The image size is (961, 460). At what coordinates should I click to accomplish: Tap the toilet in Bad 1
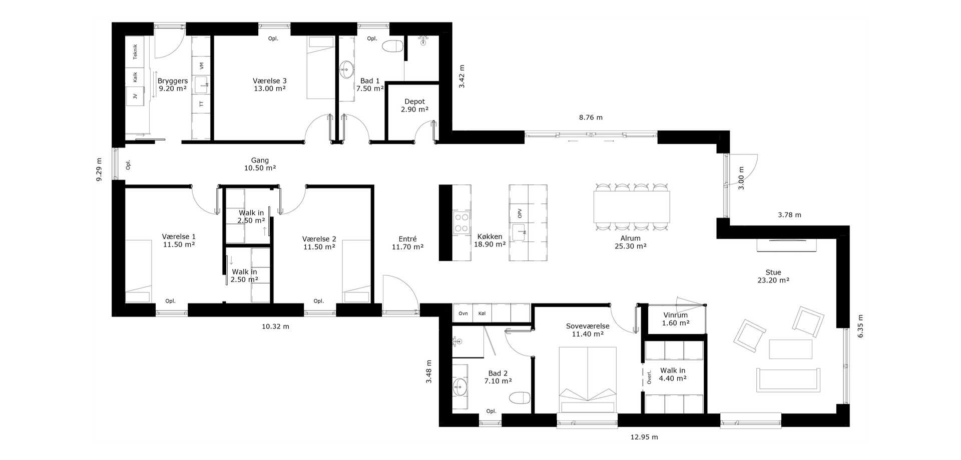(x=392, y=47)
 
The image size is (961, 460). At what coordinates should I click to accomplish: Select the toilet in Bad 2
(x=520, y=398)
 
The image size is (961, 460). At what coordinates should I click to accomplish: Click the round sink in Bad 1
(x=346, y=69)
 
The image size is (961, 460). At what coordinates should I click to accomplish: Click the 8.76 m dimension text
(x=591, y=117)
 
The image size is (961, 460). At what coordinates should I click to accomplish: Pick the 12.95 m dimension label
(x=644, y=437)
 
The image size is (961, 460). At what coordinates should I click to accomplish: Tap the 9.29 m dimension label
(x=99, y=169)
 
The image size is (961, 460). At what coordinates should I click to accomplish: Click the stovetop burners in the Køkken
(x=461, y=223)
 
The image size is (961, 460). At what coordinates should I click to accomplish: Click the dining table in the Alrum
(x=632, y=206)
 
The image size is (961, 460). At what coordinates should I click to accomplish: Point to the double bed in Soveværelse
(x=587, y=380)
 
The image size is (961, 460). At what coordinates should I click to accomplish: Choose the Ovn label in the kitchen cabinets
(x=463, y=313)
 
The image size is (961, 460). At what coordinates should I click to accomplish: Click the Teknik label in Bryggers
(x=135, y=51)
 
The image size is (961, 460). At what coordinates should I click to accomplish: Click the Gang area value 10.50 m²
(x=260, y=168)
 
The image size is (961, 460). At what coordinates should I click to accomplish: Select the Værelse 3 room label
(x=270, y=80)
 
